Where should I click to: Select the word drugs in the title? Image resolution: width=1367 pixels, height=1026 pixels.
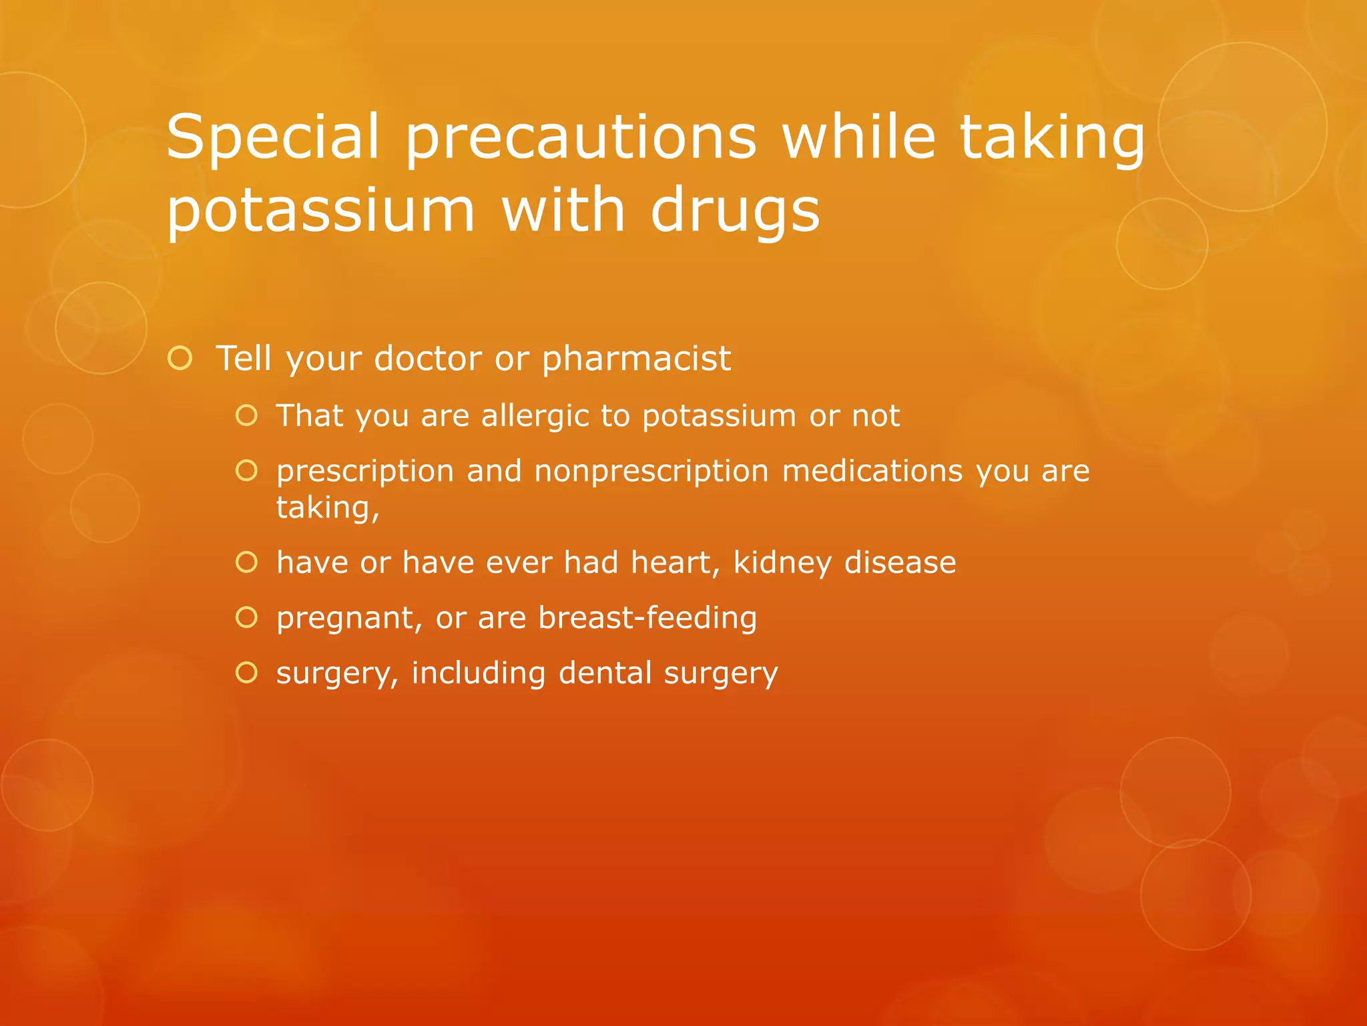(735, 210)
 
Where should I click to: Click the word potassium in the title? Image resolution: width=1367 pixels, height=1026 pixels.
(320, 210)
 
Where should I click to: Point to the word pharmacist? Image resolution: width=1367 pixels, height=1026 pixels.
(636, 359)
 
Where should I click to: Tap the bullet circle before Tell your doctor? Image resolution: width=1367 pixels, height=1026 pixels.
(180, 359)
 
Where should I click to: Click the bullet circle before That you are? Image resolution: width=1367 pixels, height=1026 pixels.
(246, 415)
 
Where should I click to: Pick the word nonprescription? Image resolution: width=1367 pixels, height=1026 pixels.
(651, 471)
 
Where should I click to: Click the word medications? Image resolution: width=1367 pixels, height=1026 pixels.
(872, 471)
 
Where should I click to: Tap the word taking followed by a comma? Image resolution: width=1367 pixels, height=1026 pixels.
(327, 508)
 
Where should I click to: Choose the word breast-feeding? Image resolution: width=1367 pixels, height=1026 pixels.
(647, 618)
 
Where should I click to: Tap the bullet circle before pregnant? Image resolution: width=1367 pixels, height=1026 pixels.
(246, 618)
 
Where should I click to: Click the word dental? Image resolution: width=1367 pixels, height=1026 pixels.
(605, 673)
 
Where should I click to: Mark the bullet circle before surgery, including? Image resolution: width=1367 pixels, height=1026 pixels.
(246, 673)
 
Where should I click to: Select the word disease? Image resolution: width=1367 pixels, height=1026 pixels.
(900, 562)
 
